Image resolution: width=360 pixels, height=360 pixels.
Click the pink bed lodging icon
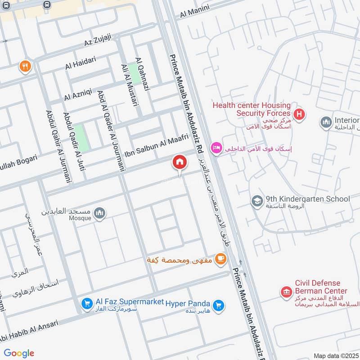[216, 148]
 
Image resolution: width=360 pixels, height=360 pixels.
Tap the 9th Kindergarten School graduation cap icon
[257, 199]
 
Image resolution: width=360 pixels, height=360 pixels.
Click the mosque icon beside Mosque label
[100, 213]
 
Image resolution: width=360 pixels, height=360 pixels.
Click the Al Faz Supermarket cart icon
[86, 305]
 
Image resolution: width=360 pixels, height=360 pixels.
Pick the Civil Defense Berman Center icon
[286, 292]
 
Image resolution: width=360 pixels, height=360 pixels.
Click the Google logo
[19, 353]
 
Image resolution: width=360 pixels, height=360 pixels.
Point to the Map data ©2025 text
[336, 355]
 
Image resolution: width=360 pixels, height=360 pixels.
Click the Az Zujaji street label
[97, 43]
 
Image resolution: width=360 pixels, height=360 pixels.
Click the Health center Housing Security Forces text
[252, 109]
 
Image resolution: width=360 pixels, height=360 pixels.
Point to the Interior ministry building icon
[326, 122]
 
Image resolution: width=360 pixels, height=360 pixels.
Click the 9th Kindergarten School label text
[308, 198]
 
